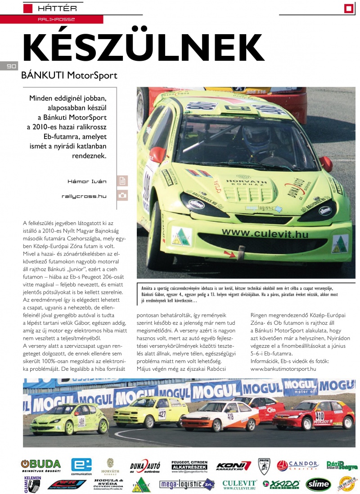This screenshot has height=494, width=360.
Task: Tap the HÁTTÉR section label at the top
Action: [x=57, y=8]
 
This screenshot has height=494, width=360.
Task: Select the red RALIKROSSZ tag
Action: [x=57, y=20]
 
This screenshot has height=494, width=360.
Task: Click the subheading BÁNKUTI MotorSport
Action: [x=69, y=75]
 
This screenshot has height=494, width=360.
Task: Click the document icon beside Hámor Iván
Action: [x=122, y=181]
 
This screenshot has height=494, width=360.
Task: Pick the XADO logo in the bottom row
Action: [x=280, y=484]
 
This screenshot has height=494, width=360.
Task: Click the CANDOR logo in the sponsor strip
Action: [x=297, y=465]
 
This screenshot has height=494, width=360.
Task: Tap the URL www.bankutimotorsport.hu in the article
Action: [x=283, y=369]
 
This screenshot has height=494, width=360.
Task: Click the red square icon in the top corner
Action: [x=349, y=8]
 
